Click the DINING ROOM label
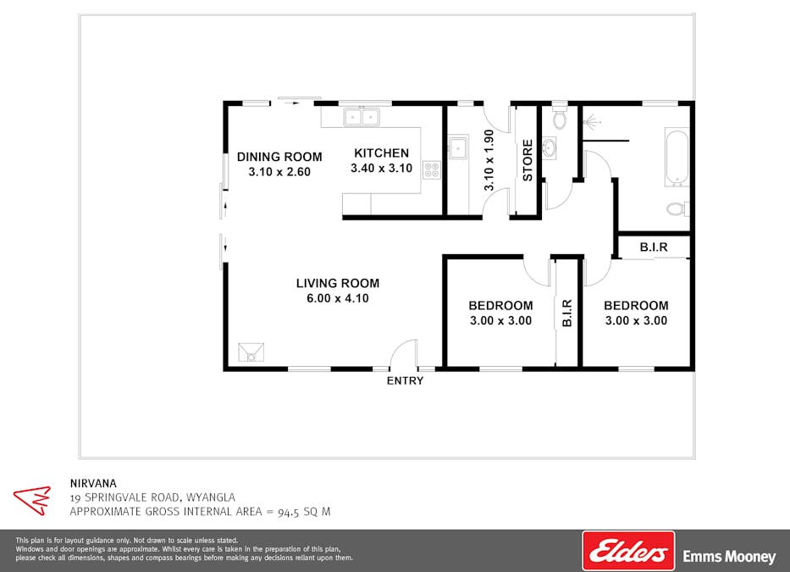(279, 157)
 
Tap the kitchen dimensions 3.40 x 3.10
(381, 169)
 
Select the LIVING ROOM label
(338, 284)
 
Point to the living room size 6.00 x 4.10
(338, 298)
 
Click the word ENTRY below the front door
(405, 380)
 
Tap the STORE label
(528, 160)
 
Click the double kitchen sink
(362, 117)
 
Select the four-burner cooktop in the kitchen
(432, 169)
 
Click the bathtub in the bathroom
(677, 158)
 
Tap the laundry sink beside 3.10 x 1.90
(458, 147)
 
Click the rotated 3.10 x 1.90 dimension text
(489, 160)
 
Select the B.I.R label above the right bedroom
(654, 247)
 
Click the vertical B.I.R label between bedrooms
(566, 313)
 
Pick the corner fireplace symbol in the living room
(251, 352)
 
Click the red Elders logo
(628, 550)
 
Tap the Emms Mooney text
(729, 557)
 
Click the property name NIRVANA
(93, 483)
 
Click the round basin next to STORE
(549, 148)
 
